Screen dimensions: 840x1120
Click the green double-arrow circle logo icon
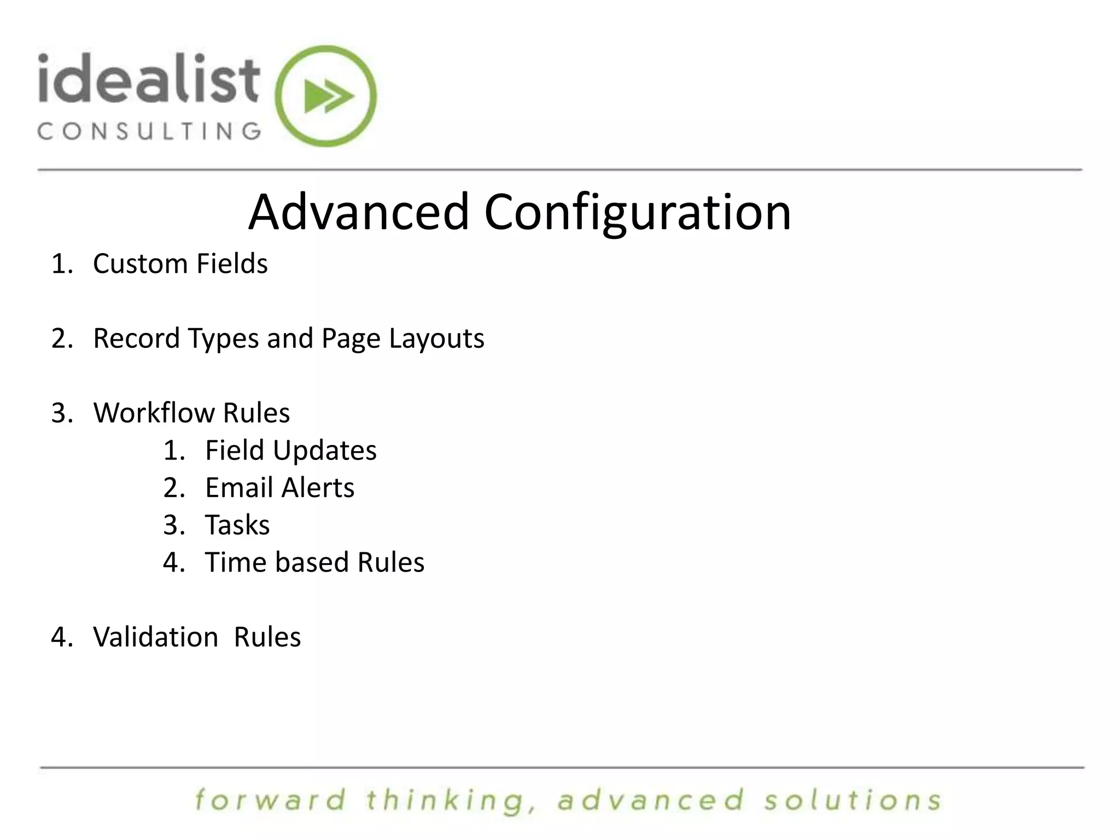click(326, 96)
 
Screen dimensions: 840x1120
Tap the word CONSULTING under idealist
click(149, 131)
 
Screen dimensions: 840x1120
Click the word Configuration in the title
click(637, 213)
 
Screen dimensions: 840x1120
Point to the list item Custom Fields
click(180, 264)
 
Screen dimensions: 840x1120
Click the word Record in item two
click(136, 338)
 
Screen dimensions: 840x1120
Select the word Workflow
click(154, 412)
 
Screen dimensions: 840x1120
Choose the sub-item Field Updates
click(290, 451)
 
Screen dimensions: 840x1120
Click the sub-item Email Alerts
click(279, 488)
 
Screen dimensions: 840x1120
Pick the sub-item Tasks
click(237, 525)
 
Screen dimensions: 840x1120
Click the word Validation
click(155, 637)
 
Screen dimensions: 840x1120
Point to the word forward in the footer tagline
click(271, 800)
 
